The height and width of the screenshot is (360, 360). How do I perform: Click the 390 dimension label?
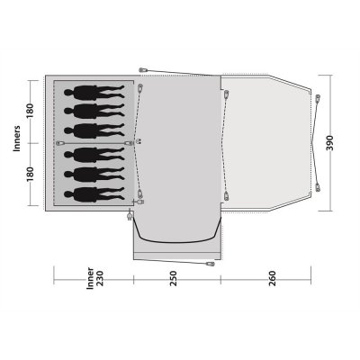(329, 143)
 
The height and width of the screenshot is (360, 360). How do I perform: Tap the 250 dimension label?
(174, 278)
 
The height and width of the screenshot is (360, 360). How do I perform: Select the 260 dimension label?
(273, 278)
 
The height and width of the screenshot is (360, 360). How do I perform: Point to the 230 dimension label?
(100, 278)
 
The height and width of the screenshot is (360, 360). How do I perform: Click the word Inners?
(17, 139)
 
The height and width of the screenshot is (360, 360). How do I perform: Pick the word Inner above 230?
(90, 278)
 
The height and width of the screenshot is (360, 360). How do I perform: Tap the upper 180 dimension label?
(31, 111)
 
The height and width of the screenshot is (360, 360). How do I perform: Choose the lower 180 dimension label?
(31, 174)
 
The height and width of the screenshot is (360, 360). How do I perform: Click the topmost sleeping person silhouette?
(94, 92)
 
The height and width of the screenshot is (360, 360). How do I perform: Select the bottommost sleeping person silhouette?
(94, 194)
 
